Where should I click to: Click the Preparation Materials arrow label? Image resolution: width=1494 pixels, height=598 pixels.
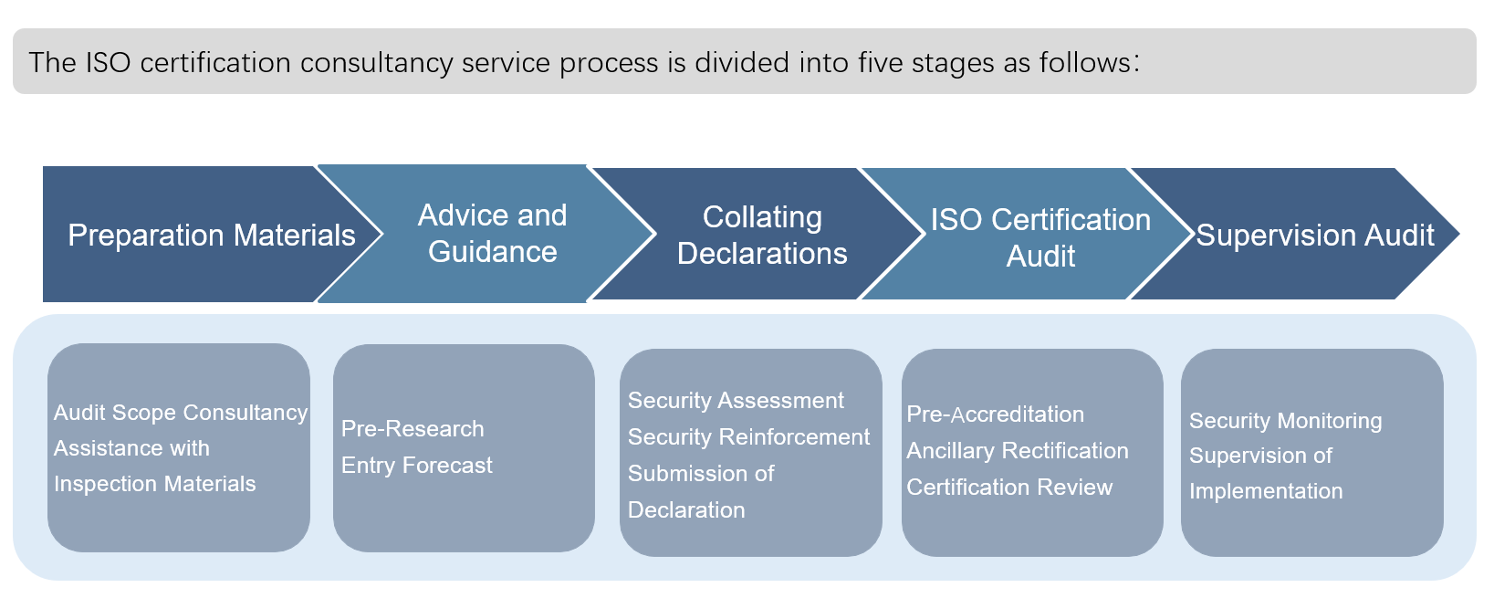coord(212,236)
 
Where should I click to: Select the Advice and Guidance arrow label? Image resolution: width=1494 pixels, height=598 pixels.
coord(492,234)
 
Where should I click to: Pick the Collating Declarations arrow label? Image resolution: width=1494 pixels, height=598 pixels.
coord(762,235)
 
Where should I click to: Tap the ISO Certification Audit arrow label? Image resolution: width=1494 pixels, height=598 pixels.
coord(1040,237)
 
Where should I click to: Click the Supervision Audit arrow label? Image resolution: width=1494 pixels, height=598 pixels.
coord(1314,235)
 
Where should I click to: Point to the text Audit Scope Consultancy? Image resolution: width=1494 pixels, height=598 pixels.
coord(181,413)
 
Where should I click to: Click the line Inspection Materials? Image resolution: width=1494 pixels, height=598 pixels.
coord(155,483)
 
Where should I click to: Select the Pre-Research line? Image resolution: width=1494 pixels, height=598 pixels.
coord(413,428)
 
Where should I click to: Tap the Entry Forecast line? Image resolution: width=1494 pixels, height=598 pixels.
coord(417,466)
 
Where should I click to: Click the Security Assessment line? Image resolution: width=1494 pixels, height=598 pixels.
coord(736,401)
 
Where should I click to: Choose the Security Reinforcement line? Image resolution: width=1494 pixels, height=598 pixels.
coord(749,436)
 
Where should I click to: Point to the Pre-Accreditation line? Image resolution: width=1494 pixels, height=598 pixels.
coord(995,414)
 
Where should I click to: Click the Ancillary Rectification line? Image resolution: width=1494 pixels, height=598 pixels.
coord(1017,450)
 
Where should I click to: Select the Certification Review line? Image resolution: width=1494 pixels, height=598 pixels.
coord(1009,488)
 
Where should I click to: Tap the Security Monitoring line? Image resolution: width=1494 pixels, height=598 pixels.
coord(1285,421)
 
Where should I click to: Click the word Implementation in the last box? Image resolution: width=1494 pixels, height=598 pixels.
coord(1266,491)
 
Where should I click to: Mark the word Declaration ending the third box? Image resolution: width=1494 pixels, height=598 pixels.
coord(686,510)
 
